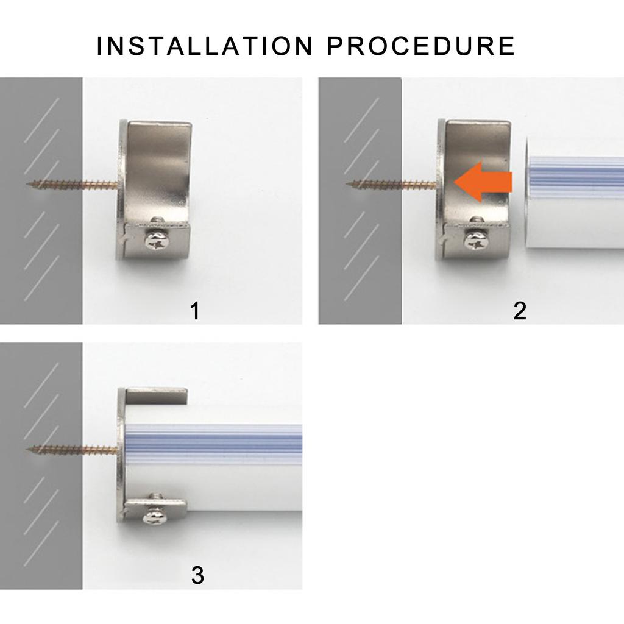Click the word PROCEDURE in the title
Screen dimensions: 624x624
(x=422, y=46)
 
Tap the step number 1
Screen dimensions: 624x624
(x=195, y=311)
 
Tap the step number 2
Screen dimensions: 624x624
(x=519, y=311)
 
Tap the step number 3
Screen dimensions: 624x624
(x=197, y=575)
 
